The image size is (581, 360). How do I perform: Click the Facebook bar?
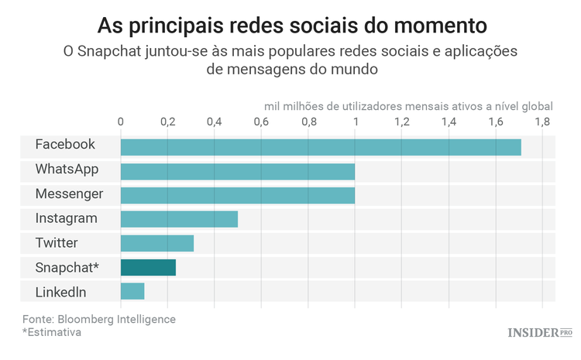(320, 146)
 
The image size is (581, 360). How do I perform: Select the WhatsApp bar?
(237, 171)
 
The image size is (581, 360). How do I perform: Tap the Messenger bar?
(237, 195)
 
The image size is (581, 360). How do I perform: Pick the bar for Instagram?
(179, 219)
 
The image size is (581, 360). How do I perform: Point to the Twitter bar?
(156, 244)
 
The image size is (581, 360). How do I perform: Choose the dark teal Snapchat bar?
(148, 268)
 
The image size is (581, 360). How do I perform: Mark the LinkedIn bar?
(132, 292)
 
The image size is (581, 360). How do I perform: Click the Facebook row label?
(65, 145)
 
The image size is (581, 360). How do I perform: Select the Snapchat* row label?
(67, 267)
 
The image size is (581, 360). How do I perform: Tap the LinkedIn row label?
(60, 292)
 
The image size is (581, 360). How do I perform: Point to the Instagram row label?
(67, 218)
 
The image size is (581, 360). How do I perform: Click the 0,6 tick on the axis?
(261, 122)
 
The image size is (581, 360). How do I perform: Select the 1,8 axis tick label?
(541, 122)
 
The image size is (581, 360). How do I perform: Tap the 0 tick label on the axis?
(120, 122)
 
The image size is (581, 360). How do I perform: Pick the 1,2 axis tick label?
(401, 122)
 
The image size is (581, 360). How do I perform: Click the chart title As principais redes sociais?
(292, 26)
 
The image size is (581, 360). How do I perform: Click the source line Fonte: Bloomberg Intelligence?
(99, 319)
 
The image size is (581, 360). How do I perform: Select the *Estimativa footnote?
(52, 332)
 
